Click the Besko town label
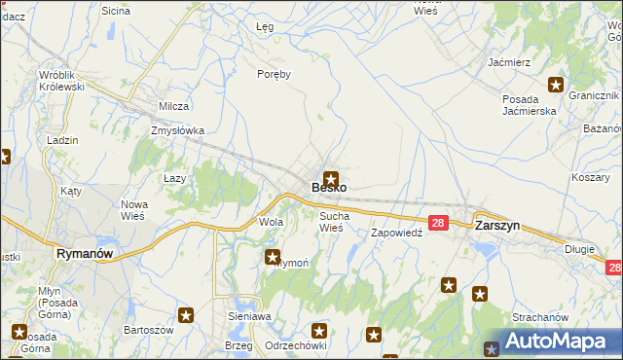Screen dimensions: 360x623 point(328,187)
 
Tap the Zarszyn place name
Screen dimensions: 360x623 point(496,224)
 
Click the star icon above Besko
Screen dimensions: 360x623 point(332,178)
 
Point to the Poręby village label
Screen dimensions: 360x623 point(275,74)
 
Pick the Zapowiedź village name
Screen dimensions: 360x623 point(396,234)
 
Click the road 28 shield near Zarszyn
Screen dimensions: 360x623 point(437,223)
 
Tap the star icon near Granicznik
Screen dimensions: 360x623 point(556,85)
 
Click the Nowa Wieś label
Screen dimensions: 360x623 point(133,209)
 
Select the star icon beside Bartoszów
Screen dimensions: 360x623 point(186,314)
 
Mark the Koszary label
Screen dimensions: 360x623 point(590,177)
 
